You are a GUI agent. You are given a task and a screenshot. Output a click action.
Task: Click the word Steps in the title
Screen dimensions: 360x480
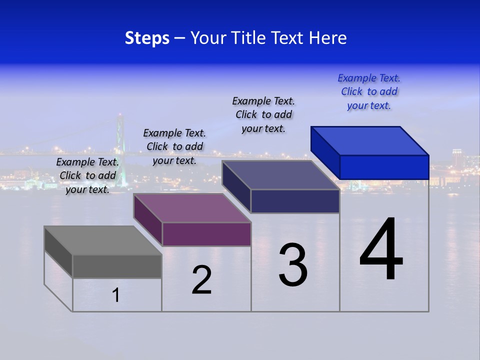click(x=147, y=38)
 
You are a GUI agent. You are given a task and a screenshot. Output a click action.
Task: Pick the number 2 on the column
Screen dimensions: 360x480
click(x=202, y=280)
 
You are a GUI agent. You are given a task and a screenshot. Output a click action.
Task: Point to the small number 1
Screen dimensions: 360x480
click(x=116, y=295)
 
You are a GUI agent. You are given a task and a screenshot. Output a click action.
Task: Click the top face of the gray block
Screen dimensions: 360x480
click(x=103, y=240)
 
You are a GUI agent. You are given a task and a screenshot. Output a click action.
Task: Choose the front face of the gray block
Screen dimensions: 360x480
click(x=117, y=266)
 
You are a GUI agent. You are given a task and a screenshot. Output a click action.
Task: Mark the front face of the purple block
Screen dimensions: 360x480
click(x=206, y=234)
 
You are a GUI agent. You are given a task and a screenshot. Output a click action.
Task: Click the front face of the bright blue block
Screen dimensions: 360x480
click(x=384, y=167)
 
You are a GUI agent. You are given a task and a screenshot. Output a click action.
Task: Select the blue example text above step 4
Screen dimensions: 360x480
click(x=369, y=92)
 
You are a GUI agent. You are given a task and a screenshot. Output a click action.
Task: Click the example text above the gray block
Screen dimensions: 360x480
click(x=87, y=175)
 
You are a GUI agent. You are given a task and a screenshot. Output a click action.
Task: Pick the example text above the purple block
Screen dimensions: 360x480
click(x=174, y=146)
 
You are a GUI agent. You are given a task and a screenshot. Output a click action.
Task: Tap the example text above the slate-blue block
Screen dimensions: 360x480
click(x=263, y=114)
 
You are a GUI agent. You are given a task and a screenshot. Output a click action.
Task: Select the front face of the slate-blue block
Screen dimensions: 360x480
click(x=295, y=201)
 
